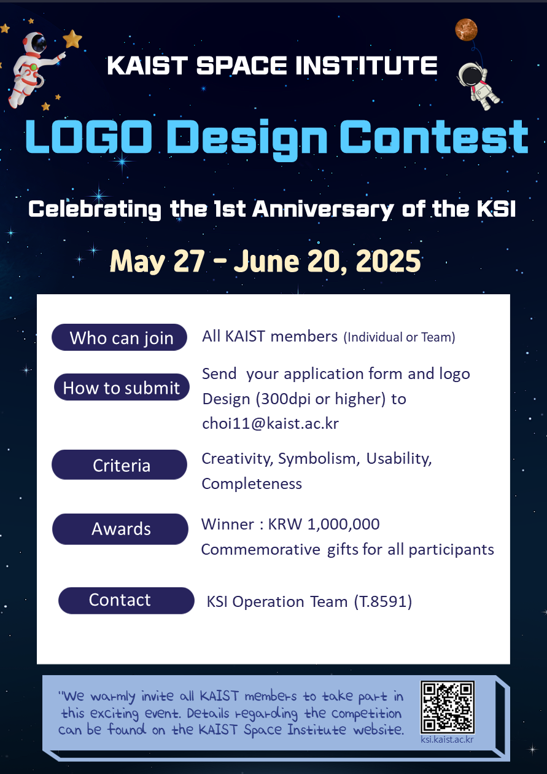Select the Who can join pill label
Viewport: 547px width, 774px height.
point(120,337)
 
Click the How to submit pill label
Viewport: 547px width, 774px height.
point(122,387)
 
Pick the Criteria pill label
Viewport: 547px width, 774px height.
point(120,464)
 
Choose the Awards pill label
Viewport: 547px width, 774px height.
point(120,529)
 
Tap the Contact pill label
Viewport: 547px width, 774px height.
point(126,601)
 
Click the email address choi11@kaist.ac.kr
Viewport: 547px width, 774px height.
point(270,424)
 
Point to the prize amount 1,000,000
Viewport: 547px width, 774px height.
point(343,525)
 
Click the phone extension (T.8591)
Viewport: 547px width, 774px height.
point(383,602)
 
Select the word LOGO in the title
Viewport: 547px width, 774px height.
point(89,137)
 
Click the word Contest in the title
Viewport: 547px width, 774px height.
point(434,137)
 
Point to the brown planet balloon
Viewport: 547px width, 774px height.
point(466,29)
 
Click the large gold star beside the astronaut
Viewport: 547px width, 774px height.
point(72,39)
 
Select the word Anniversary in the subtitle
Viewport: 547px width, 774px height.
point(323,209)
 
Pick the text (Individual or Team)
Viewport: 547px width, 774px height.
point(399,337)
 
